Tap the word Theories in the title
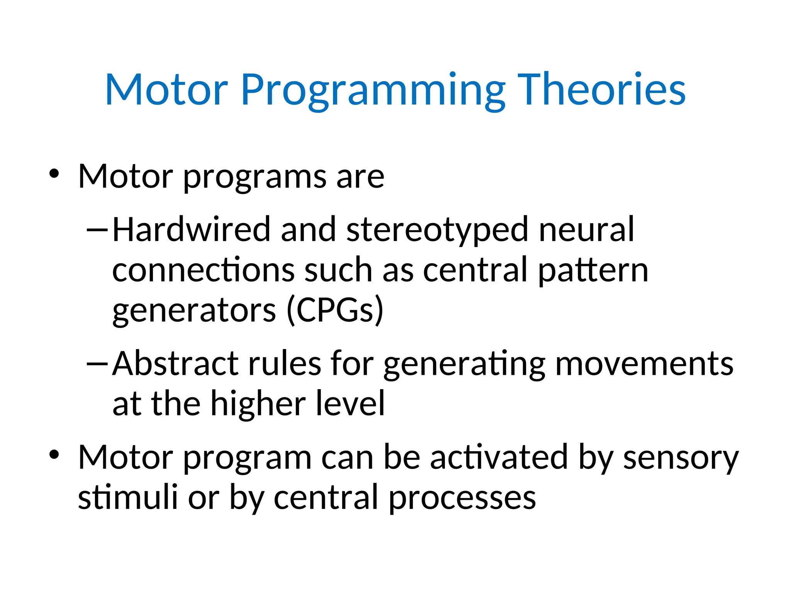click(601, 90)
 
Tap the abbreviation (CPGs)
click(335, 310)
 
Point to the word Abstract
click(175, 363)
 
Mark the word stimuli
click(127, 497)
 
